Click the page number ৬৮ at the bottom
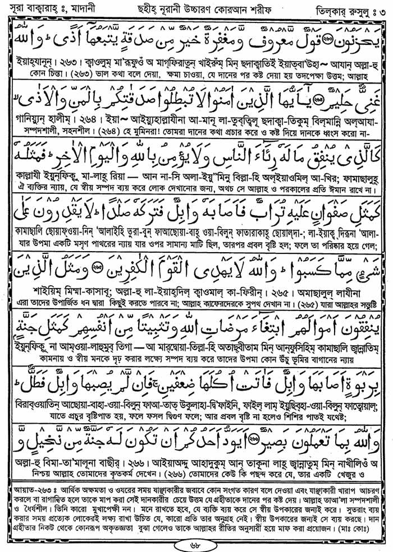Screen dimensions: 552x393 pos(196,543)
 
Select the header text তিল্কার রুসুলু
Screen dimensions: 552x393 pos(345,8)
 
